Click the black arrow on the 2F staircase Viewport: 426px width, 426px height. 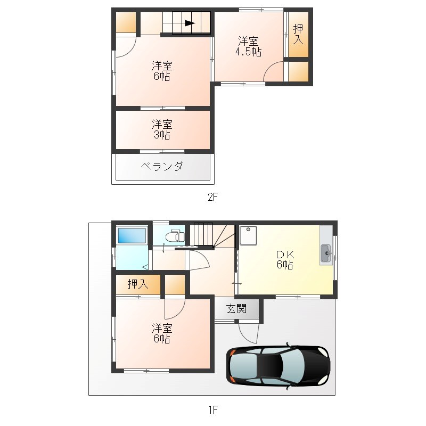[x=190, y=23]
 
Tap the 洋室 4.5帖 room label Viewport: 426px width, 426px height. [x=248, y=46]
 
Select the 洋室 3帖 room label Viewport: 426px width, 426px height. [x=162, y=129]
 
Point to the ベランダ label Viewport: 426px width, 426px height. [x=162, y=166]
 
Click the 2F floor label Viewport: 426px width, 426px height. [x=212, y=196]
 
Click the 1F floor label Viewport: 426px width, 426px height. [x=214, y=409]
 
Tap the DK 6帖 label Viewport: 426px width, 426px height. [x=285, y=260]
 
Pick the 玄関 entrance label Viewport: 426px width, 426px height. [x=236, y=309]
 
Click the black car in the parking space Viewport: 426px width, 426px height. [x=278, y=366]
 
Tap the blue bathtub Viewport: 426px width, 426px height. [x=132, y=235]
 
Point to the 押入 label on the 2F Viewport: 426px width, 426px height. [x=298, y=34]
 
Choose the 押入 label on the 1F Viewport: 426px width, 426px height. [x=138, y=284]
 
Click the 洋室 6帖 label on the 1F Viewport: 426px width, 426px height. [x=162, y=333]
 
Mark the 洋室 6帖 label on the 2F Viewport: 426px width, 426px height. [x=162, y=71]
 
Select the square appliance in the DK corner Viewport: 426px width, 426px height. [x=248, y=235]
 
